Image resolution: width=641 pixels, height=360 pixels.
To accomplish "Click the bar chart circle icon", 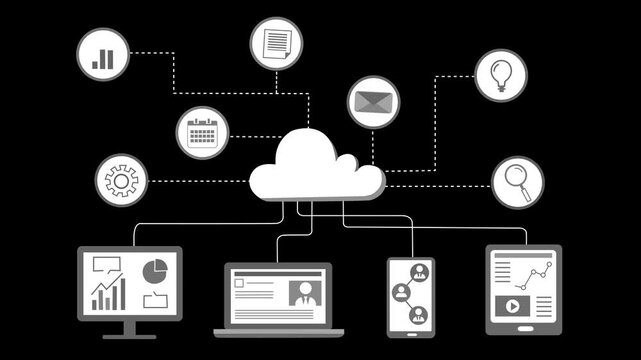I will (x=103, y=54).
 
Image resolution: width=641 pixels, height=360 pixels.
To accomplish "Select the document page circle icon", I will (x=276, y=44).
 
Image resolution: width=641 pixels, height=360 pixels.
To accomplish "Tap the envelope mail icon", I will (x=374, y=102).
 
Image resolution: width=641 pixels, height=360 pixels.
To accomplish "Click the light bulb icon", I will (x=500, y=74).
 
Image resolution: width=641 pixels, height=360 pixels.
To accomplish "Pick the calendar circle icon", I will (x=202, y=133).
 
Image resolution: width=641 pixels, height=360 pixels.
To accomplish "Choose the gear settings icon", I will (x=121, y=181).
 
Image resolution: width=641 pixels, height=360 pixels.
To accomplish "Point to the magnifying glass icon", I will (x=517, y=182).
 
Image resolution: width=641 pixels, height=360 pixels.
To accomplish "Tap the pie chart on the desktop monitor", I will (x=155, y=271).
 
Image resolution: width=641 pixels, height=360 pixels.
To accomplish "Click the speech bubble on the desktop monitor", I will (x=105, y=266).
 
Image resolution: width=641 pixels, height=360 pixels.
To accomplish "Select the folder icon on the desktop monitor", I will (x=155, y=299).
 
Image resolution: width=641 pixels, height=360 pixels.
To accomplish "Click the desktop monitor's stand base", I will (x=129, y=335).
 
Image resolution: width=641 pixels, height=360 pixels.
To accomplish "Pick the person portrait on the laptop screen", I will (x=303, y=294).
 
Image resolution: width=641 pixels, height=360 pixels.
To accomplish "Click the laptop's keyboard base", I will (x=278, y=332).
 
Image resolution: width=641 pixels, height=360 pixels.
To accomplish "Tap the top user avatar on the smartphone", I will (x=419, y=273).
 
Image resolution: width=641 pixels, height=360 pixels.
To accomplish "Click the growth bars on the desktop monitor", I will (x=108, y=294).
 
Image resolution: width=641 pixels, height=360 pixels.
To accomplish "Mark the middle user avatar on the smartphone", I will (x=402, y=292).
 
